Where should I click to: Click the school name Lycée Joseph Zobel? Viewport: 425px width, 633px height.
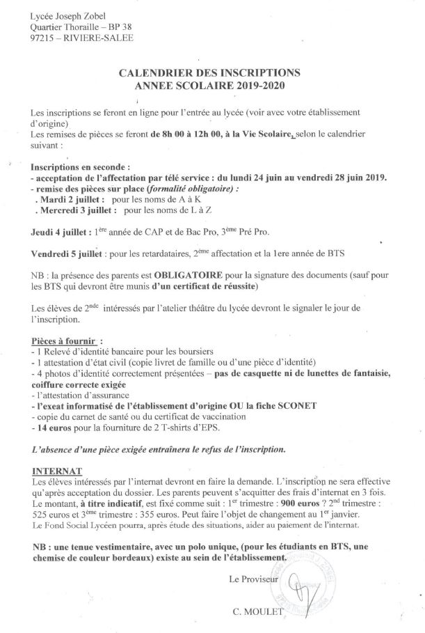click(68, 15)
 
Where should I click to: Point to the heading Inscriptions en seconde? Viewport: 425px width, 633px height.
click(80, 167)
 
